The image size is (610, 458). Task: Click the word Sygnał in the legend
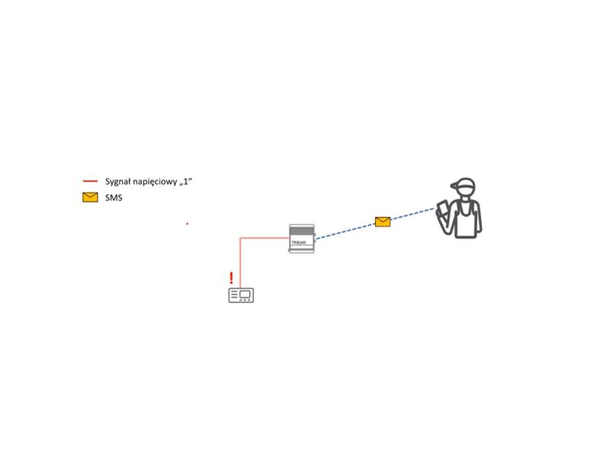tap(118, 182)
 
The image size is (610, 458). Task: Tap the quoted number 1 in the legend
tap(186, 181)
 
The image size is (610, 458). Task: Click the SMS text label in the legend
tap(114, 198)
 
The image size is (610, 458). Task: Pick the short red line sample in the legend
tap(90, 181)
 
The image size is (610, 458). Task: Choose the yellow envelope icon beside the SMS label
tap(90, 198)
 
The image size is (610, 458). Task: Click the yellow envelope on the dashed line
tap(383, 221)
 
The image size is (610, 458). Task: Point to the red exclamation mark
tap(232, 278)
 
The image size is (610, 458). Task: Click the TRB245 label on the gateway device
tap(299, 242)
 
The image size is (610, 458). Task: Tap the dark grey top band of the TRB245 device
tap(301, 231)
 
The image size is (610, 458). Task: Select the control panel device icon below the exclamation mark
tap(241, 295)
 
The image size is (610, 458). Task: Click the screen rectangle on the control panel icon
tap(245, 294)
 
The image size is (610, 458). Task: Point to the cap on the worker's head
tap(464, 184)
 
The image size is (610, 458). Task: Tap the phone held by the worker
tap(443, 208)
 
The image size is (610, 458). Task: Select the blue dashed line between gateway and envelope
tap(345, 231)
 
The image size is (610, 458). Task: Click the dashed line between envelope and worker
tap(413, 214)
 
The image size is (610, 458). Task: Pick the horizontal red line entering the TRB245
tap(265, 237)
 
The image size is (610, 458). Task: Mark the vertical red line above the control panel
tap(240, 263)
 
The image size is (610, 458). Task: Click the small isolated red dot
tap(187, 224)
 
